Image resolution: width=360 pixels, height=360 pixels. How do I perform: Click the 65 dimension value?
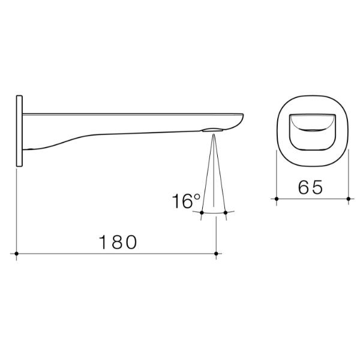tap(312, 187)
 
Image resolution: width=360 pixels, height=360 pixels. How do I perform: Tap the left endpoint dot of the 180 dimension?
tap(18, 254)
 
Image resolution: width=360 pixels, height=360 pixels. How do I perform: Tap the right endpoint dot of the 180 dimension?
tap(216, 254)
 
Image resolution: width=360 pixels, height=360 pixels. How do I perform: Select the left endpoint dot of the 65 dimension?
tap(276, 198)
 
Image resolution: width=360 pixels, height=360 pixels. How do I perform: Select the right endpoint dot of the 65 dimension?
tap(350, 198)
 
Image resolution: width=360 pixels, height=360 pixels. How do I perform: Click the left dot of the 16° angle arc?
tap(202, 212)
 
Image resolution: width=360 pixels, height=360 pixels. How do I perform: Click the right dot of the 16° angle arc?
tap(226, 212)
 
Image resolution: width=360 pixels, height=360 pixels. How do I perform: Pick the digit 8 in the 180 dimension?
tap(118, 242)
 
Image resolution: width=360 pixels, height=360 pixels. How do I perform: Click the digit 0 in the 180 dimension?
tap(131, 242)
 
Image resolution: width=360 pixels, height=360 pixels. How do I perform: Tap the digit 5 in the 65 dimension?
tap(320, 187)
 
